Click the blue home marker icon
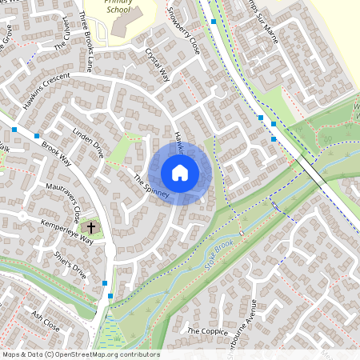pyautogui.click(x=180, y=172)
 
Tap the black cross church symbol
pyautogui.click(x=91, y=228)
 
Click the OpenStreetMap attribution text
pyautogui.click(x=81, y=354)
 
